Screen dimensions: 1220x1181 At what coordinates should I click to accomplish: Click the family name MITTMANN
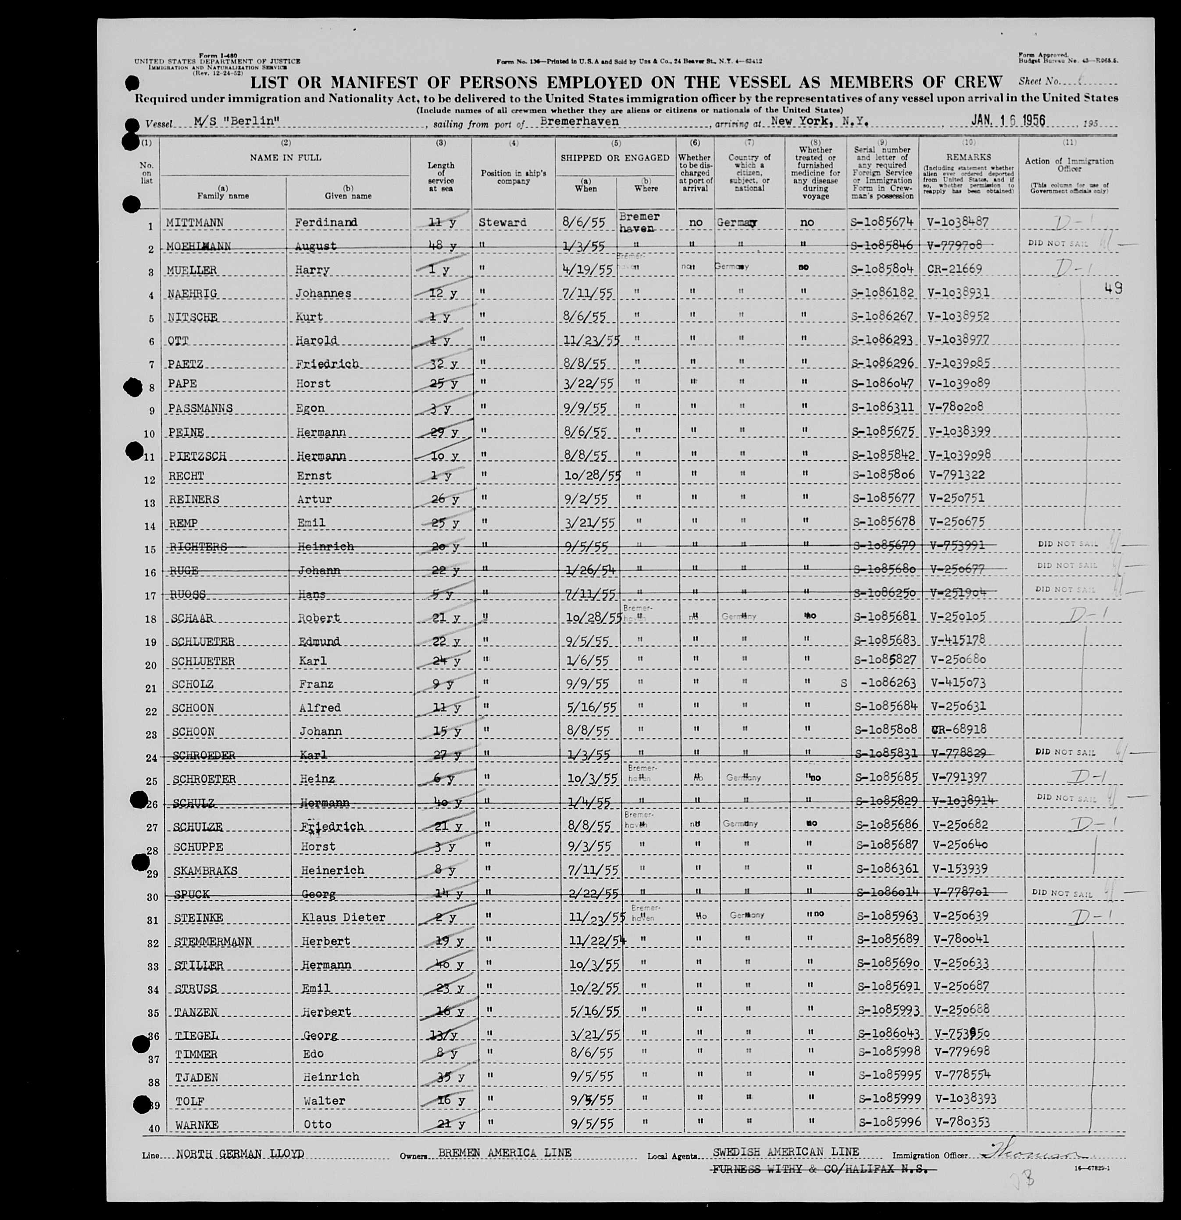(x=195, y=222)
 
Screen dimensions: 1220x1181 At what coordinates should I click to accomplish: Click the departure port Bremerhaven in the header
(x=579, y=122)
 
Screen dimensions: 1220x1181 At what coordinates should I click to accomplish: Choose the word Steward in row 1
(x=502, y=222)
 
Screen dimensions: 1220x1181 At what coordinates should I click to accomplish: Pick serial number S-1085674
(x=884, y=222)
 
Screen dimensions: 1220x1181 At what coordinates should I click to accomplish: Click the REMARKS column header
(x=968, y=157)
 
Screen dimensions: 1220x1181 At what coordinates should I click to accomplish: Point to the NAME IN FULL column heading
(x=285, y=157)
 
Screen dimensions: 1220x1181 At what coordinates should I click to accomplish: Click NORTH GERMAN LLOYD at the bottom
(x=240, y=1153)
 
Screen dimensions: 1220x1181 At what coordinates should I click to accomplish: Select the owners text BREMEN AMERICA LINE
(x=505, y=1153)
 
